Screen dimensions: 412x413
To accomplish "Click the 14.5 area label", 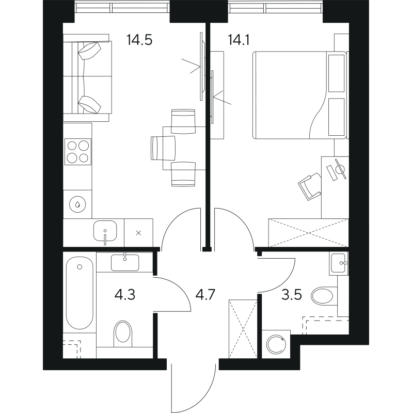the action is tap(139, 40).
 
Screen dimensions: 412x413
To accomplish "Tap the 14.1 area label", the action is tap(239, 40).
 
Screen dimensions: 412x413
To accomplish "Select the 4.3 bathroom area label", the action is tap(125, 295).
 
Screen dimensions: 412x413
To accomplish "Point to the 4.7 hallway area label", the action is tap(205, 295).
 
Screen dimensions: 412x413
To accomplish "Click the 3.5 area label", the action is tap(291, 295).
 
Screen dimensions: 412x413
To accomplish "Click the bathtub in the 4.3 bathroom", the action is tap(80, 293).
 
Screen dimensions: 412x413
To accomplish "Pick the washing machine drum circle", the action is tap(276, 344).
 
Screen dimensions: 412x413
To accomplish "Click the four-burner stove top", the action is tap(78, 152).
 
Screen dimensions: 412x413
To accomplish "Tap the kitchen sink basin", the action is tap(105, 231).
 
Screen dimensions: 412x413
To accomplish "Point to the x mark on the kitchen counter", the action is tap(138, 233).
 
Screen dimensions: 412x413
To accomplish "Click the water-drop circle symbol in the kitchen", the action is tap(78, 204).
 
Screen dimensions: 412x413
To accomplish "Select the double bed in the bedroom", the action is tap(299, 95).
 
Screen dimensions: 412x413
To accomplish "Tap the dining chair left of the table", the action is tap(163, 148).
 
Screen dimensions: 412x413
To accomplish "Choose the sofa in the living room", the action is tap(87, 78).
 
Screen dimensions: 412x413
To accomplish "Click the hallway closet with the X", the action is tap(243, 329).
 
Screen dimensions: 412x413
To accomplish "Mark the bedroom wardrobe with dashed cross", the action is tap(308, 233).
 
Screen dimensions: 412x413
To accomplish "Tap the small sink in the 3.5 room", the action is tap(339, 263).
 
